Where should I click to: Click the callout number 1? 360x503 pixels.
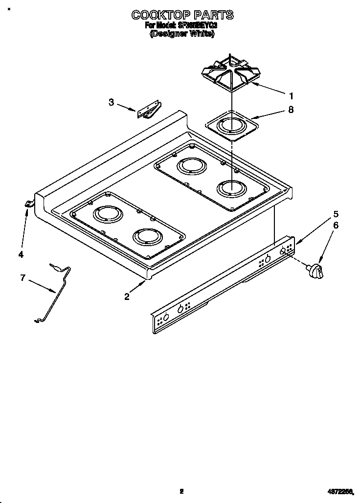coord(291,95)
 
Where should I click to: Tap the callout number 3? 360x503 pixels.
coord(112,102)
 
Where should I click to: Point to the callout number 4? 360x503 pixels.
coord(21,253)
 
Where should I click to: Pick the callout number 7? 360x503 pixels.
coord(22,278)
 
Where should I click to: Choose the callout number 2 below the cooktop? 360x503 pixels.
coord(127,296)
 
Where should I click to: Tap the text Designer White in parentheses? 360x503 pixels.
coord(181,34)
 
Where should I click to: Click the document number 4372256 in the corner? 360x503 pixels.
coord(339,492)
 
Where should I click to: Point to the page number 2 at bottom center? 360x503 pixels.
coord(181,492)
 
